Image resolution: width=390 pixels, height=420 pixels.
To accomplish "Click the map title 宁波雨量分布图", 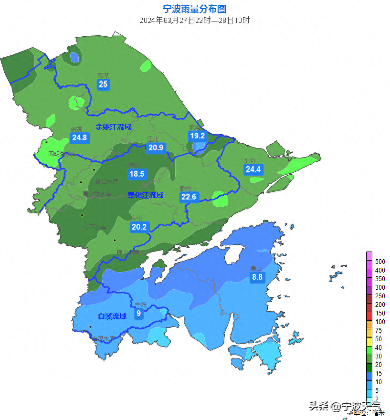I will (x=194, y=9).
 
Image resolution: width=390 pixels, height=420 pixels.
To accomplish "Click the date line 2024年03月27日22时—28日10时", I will (x=194, y=21).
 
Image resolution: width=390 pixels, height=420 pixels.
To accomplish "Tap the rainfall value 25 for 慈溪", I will (x=103, y=84).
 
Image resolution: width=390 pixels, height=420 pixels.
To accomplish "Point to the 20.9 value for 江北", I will (x=156, y=148).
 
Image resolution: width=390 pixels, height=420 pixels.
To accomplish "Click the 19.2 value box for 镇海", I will (x=198, y=136).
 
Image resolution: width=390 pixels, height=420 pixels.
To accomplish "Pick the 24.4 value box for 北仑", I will (x=253, y=169).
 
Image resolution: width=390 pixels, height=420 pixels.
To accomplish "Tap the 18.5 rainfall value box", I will (x=137, y=174).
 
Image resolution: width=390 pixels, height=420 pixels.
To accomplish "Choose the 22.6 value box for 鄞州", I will (x=189, y=197).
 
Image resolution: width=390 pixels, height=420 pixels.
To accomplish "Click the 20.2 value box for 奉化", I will (x=139, y=227).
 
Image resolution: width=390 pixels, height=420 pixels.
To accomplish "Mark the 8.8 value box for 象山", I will (x=257, y=277).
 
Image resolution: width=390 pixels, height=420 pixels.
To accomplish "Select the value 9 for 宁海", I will (x=138, y=314).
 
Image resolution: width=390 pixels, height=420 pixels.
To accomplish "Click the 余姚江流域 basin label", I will (x=113, y=127).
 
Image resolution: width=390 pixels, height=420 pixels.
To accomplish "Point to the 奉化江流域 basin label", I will (x=145, y=195).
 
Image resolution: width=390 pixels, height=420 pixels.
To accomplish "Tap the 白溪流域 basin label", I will (x=112, y=316).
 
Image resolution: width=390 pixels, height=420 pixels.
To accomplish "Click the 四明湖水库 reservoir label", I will (x=63, y=154).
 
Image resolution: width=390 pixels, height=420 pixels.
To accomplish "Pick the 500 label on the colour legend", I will (x=380, y=262).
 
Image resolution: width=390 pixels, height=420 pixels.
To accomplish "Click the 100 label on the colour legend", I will (x=380, y=322).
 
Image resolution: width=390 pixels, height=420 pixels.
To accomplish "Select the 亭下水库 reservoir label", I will (x=95, y=227).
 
